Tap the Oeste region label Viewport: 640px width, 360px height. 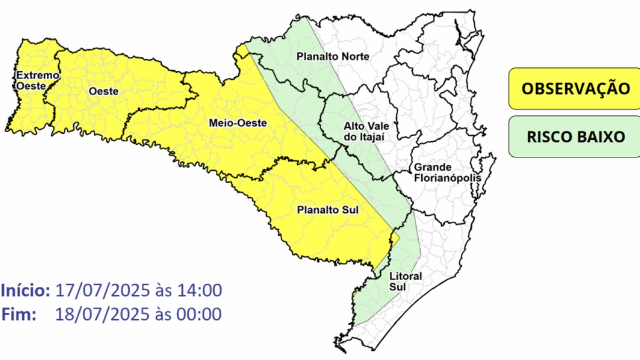click(x=103, y=91)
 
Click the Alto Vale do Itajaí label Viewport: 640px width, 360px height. click(x=365, y=131)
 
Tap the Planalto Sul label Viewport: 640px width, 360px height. click(x=327, y=210)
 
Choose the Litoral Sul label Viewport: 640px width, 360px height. click(x=398, y=282)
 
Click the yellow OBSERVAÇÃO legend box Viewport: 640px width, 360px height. click(x=575, y=88)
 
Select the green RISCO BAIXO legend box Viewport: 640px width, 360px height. click(x=575, y=137)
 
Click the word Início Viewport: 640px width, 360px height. click(x=26, y=291)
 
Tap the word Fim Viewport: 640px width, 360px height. click(x=19, y=314)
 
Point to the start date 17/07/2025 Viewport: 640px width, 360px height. click(x=102, y=291)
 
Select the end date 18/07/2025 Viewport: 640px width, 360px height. click(x=102, y=314)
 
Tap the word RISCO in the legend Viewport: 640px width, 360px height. click(x=547, y=137)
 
